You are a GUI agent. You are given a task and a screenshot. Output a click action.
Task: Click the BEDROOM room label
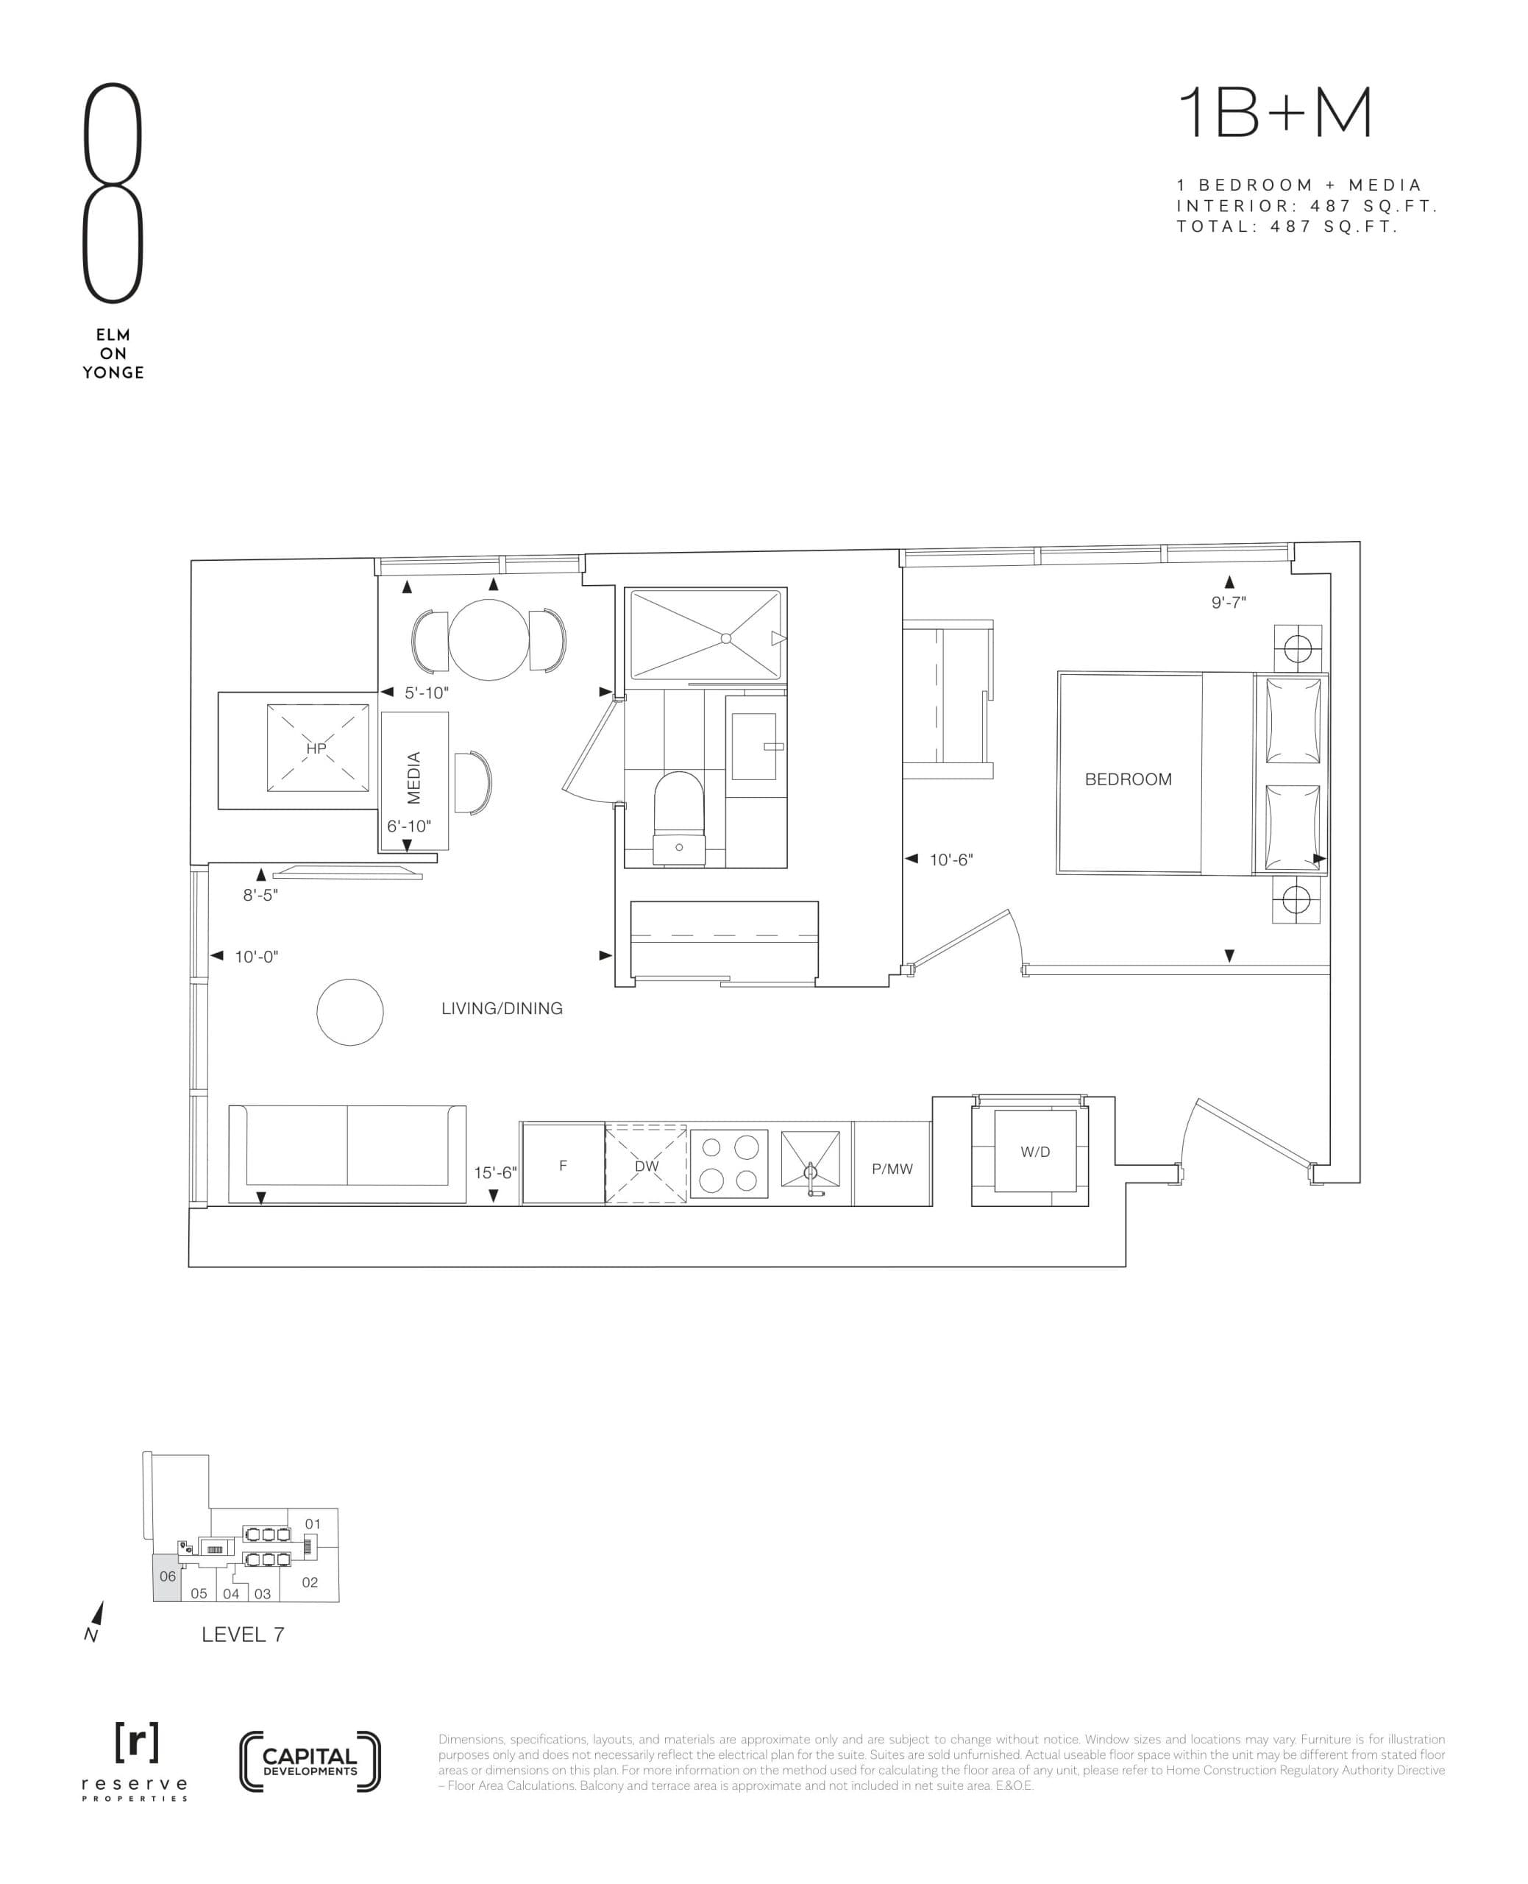tap(1128, 779)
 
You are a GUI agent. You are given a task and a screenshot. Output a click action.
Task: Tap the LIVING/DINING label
tap(502, 1009)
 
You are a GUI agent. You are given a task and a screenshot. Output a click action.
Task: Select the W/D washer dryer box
tap(1035, 1152)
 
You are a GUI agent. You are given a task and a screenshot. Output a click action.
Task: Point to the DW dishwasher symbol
tap(646, 1165)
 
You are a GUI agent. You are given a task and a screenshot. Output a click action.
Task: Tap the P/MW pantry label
tap(892, 1168)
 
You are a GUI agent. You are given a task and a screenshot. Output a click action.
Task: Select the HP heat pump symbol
tap(317, 748)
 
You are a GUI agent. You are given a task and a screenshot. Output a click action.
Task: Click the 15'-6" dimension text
tap(494, 1172)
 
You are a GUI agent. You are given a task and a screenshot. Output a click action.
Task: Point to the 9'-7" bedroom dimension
tap(1229, 602)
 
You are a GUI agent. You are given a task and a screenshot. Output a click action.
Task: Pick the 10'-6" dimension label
tap(950, 860)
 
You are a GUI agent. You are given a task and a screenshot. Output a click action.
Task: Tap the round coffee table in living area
tap(350, 1013)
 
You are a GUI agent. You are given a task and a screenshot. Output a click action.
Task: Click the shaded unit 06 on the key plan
tap(166, 1576)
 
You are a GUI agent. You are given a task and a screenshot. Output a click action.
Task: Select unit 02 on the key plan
tap(310, 1582)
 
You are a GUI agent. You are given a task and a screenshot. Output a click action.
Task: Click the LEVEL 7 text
tap(242, 1635)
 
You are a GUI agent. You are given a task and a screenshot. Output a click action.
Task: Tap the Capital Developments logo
tap(310, 1761)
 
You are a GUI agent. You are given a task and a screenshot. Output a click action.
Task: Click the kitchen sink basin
tap(810, 1161)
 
